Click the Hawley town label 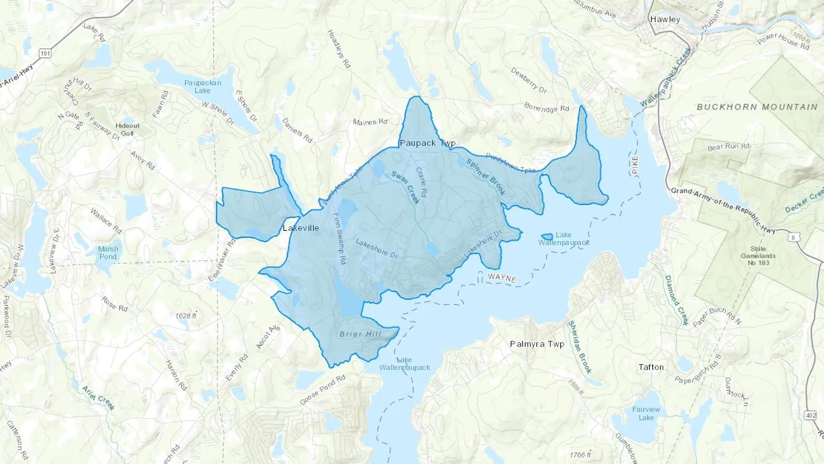coord(665,19)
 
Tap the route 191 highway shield coord(45,54)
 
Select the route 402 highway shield coord(810,415)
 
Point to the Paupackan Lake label coord(202,87)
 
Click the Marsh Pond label coord(108,253)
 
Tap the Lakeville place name coord(301,228)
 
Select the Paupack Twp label coord(428,143)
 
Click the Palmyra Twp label coord(537,344)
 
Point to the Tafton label coord(651,367)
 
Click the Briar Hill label coord(360,334)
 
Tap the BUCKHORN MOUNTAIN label coord(757,107)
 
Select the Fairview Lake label coord(646,413)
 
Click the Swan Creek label coord(405,187)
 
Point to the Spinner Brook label coord(486,176)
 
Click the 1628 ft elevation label coord(185,316)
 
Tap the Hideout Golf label coord(127,129)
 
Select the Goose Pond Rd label coord(322,390)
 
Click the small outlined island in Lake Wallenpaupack coord(547,237)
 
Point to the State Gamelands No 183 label coord(758,256)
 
